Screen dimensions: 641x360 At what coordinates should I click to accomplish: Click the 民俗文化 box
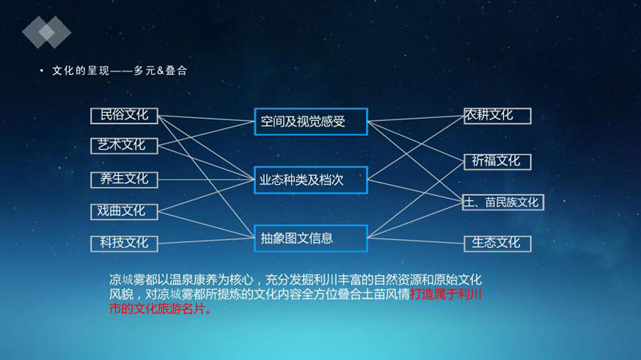point(124,116)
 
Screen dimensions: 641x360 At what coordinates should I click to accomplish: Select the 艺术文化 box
point(124,146)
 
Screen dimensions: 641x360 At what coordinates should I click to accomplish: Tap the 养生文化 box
point(124,180)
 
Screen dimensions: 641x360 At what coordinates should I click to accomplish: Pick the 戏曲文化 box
point(124,212)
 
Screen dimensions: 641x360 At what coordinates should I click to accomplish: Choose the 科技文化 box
point(124,244)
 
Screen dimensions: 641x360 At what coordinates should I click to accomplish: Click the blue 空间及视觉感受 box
point(311,122)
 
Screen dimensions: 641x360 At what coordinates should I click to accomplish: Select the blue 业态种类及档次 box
point(311,180)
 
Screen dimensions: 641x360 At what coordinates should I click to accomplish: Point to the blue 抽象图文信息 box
point(311,238)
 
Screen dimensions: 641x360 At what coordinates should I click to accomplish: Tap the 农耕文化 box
point(497,116)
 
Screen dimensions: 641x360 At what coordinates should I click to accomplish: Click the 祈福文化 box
point(497,162)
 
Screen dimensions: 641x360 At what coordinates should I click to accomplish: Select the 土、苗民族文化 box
point(503,202)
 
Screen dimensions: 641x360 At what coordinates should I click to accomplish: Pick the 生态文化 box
point(497,244)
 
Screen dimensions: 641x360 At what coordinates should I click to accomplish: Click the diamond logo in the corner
point(47,32)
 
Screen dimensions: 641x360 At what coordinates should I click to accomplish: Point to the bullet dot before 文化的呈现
point(41,70)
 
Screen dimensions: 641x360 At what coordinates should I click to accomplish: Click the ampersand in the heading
point(160,70)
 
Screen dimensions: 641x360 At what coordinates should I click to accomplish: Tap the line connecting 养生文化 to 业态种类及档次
point(206,180)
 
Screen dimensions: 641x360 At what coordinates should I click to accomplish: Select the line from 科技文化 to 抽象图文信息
point(206,241)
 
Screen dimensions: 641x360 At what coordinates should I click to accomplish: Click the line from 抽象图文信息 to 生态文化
point(416,240)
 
